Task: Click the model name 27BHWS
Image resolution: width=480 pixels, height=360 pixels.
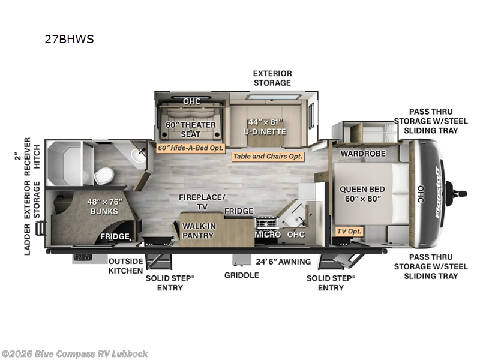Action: tap(69, 39)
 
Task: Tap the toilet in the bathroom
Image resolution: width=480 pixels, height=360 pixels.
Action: tap(103, 176)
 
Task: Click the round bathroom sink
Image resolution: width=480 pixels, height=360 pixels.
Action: tap(139, 155)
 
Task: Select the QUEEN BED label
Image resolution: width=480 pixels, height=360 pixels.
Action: tap(362, 194)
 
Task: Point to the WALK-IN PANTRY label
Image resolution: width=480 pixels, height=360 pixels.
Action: tap(199, 231)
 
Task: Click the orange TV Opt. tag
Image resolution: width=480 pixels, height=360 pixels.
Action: tap(350, 232)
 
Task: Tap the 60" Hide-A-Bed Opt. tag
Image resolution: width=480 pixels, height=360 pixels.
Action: tap(190, 148)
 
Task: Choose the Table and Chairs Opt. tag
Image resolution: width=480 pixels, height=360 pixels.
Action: tap(268, 157)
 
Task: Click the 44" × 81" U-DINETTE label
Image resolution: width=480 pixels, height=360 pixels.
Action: tap(265, 127)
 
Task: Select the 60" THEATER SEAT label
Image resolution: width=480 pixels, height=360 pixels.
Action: tap(191, 130)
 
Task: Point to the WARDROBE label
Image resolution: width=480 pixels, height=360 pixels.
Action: tap(363, 154)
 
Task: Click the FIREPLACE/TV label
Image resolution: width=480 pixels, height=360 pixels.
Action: tap(202, 202)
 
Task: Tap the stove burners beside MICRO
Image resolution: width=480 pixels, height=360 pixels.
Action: tap(266, 223)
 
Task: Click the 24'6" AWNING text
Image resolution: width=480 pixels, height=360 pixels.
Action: tap(283, 262)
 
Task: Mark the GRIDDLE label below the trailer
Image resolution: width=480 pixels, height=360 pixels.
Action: tap(242, 275)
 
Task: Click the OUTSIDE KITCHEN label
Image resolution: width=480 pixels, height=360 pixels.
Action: tap(125, 266)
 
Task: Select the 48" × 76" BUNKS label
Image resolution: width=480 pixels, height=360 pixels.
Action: tap(104, 206)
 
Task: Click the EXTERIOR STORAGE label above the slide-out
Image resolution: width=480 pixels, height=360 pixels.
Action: tap(272, 78)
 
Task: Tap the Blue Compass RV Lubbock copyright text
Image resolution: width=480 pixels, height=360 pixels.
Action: tap(74, 354)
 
